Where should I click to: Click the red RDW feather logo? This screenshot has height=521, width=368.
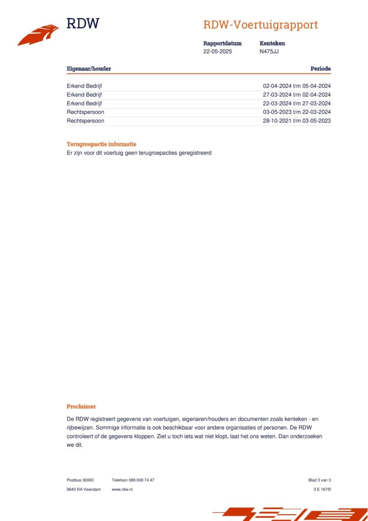tap(38, 35)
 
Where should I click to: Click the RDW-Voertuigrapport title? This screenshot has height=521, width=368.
tap(260, 25)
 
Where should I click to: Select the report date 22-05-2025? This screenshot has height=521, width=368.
tap(217, 52)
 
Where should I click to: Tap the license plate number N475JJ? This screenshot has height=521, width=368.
tap(269, 52)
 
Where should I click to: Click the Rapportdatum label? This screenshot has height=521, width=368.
tap(222, 43)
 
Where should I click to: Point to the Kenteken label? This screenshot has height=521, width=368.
tap(272, 43)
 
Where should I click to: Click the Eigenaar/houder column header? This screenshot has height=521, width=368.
tap(89, 69)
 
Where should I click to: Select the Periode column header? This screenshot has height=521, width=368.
tap(320, 69)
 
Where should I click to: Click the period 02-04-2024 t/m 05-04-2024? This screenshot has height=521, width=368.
tap(297, 86)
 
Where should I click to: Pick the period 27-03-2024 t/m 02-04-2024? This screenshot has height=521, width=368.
tap(297, 95)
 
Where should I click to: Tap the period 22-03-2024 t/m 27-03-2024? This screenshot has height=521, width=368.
tap(297, 103)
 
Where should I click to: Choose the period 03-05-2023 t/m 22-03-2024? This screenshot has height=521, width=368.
tap(297, 112)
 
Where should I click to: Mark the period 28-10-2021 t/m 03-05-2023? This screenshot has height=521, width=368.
tap(297, 121)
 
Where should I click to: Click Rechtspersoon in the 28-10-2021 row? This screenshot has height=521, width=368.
tap(85, 121)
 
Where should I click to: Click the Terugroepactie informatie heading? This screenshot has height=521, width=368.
tap(101, 144)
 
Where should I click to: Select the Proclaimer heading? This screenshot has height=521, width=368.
tap(81, 406)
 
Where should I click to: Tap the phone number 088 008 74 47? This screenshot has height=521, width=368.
tap(141, 480)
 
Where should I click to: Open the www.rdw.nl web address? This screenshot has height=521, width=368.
tap(122, 489)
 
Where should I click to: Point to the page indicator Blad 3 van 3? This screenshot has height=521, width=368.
tap(320, 480)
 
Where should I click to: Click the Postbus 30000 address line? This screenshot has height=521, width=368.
tap(80, 480)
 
